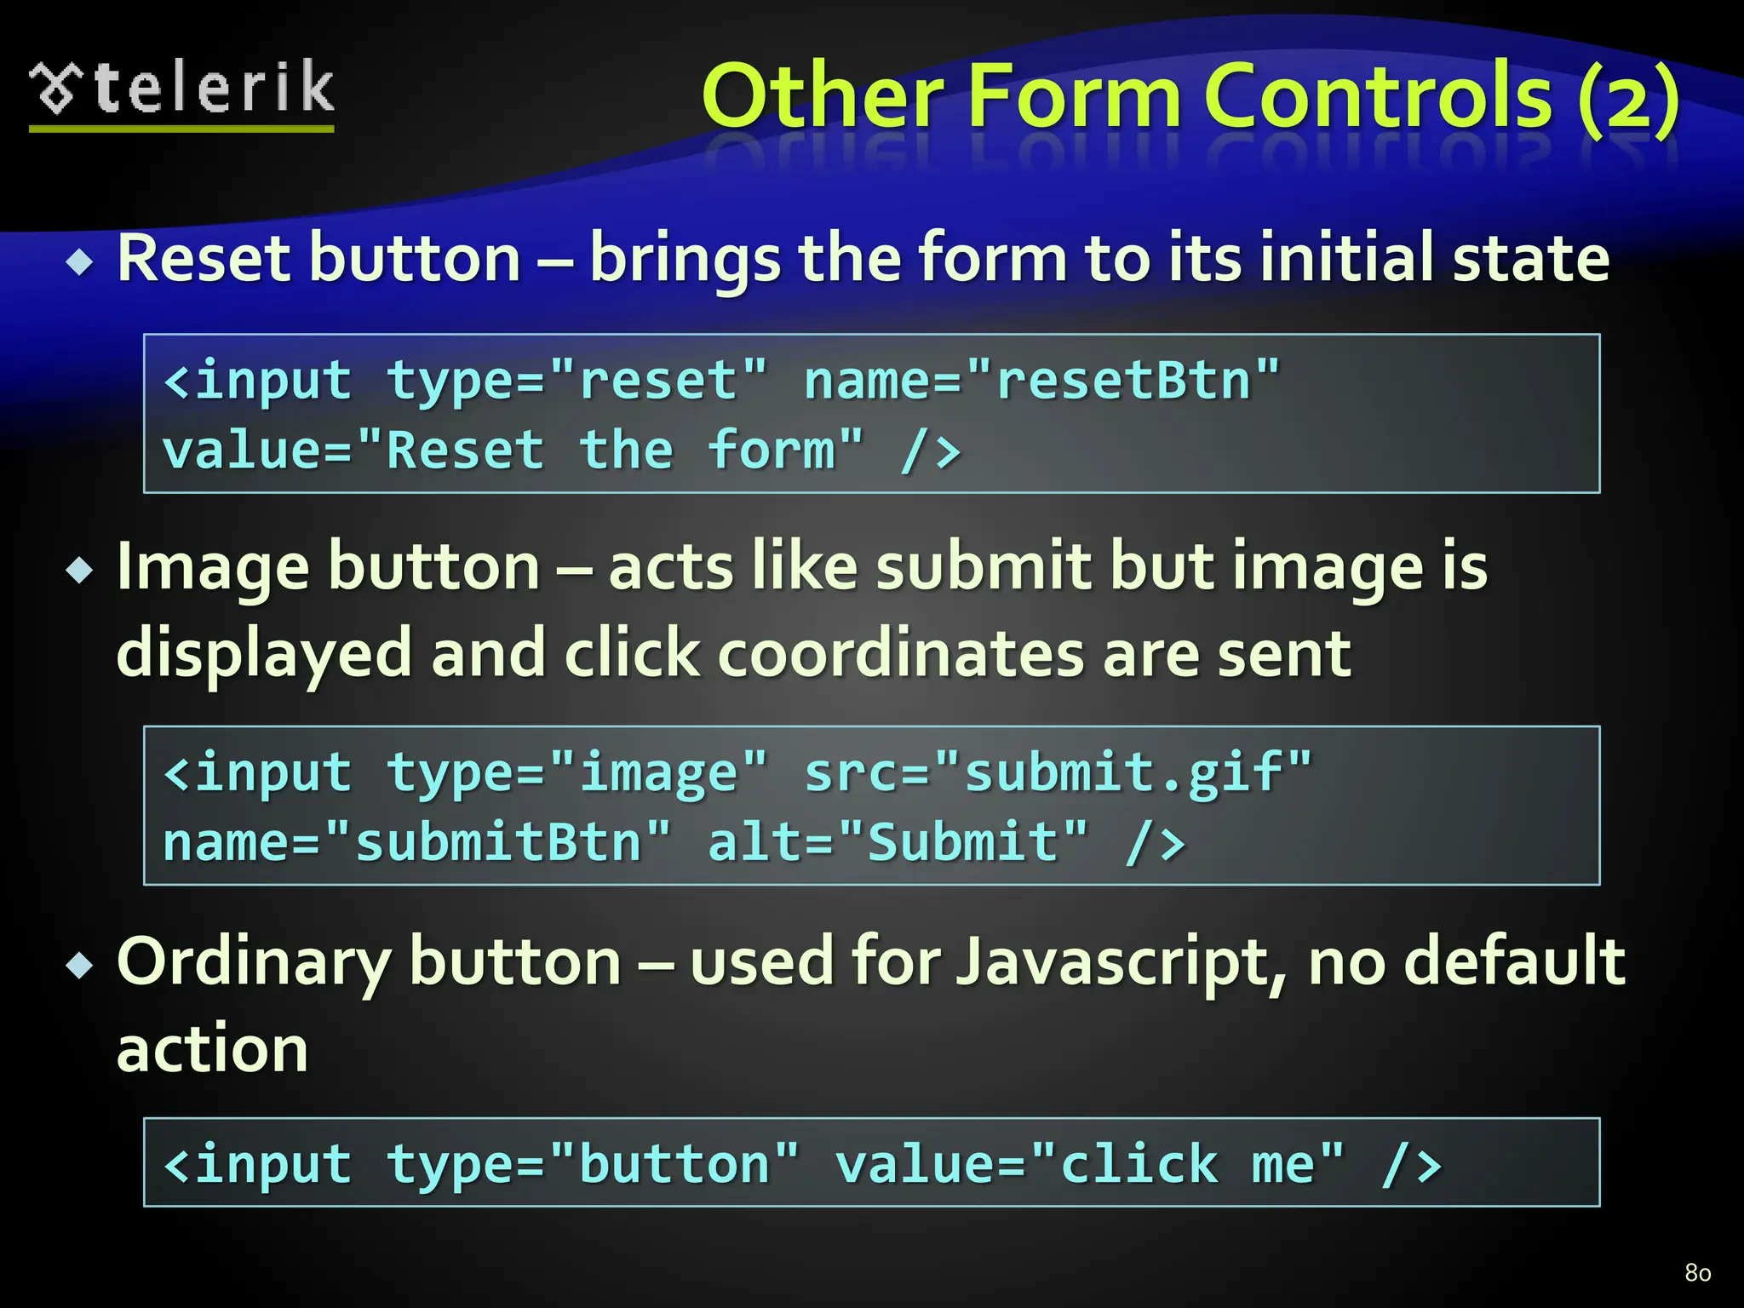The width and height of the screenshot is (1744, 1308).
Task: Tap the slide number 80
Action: [1697, 1273]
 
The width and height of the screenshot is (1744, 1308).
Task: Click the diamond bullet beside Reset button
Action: [80, 262]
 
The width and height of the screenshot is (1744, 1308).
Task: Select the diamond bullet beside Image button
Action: [80, 571]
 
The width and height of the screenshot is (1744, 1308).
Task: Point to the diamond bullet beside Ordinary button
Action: [80, 966]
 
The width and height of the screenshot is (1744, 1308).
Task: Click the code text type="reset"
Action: [577, 380]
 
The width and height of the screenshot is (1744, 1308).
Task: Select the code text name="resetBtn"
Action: [1041, 380]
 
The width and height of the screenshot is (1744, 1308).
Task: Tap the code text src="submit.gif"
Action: [1058, 772]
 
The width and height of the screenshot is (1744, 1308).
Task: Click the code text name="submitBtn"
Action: [416, 842]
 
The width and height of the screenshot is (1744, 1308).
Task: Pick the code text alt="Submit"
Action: [898, 842]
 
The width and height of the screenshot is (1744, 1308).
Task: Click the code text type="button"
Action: [593, 1164]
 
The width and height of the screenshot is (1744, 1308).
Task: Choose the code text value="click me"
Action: [1089, 1164]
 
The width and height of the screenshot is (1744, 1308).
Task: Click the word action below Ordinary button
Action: [212, 1049]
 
